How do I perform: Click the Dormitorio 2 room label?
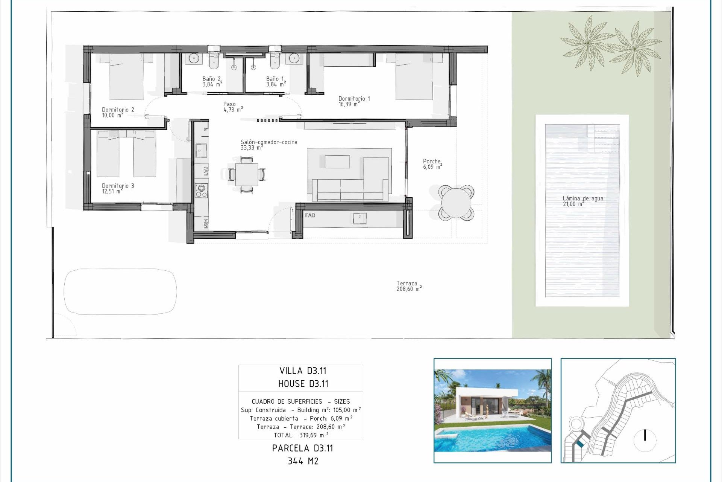(118, 112)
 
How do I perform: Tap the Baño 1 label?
(276, 81)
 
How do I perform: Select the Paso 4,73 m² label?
(233, 107)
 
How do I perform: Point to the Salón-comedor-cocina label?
(268, 145)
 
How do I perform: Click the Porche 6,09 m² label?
(432, 164)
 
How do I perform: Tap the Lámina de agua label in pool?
(582, 201)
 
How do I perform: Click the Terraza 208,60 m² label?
(408, 286)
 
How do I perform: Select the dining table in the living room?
(247, 174)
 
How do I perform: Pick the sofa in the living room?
(348, 190)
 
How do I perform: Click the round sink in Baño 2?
(194, 58)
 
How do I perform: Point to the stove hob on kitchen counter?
(201, 191)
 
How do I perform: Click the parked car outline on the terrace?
(120, 291)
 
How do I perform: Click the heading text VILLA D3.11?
(302, 371)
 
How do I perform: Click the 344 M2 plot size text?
(303, 461)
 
